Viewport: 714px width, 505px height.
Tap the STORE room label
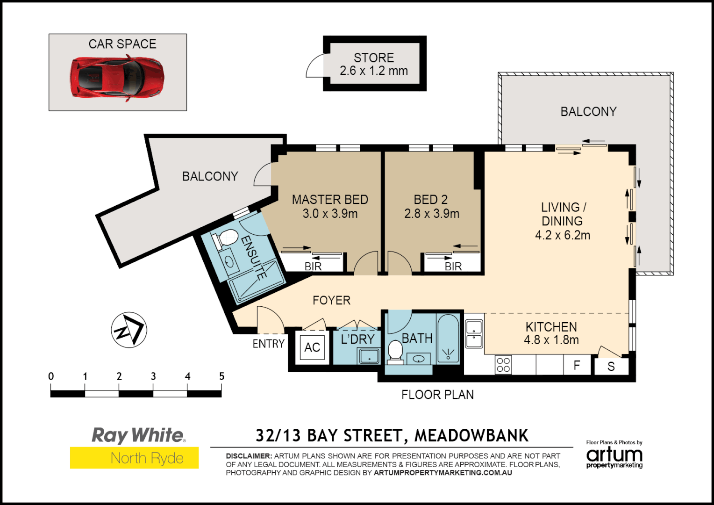tap(373, 58)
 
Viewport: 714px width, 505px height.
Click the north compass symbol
tap(129, 330)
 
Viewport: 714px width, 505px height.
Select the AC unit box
tap(312, 347)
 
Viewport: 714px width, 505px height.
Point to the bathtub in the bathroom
tap(448, 339)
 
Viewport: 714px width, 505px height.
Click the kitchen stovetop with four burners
tap(503, 365)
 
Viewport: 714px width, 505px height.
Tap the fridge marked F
tap(577, 365)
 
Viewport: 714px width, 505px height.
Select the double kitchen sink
tap(474, 334)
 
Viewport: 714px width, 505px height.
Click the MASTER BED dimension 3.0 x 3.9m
tap(330, 214)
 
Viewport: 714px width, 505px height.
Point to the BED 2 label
tap(430, 200)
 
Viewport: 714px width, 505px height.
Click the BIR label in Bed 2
tap(453, 267)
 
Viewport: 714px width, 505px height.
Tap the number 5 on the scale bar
tap(221, 376)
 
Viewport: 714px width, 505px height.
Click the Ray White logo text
tap(138, 435)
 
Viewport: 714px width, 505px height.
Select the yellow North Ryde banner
tap(135, 458)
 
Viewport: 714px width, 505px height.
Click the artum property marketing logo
tap(614, 455)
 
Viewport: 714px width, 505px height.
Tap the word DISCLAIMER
tap(249, 456)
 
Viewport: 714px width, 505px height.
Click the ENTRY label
tap(268, 344)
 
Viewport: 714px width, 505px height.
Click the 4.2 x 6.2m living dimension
tap(562, 235)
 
